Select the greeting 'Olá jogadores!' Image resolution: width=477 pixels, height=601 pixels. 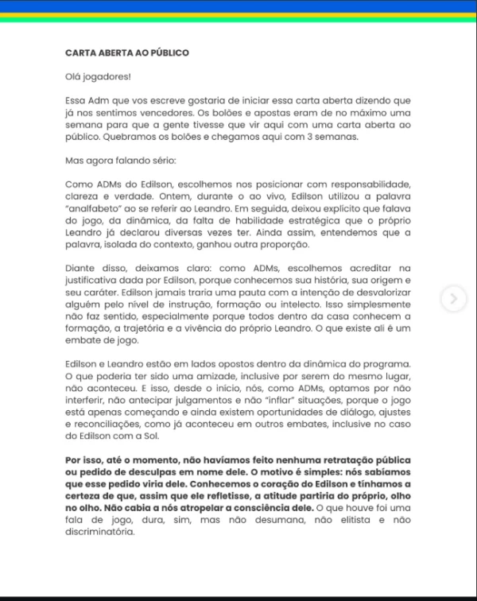click(x=99, y=77)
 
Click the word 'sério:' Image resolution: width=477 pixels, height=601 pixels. click(x=148, y=160)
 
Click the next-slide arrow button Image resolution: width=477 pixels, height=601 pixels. click(x=453, y=299)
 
